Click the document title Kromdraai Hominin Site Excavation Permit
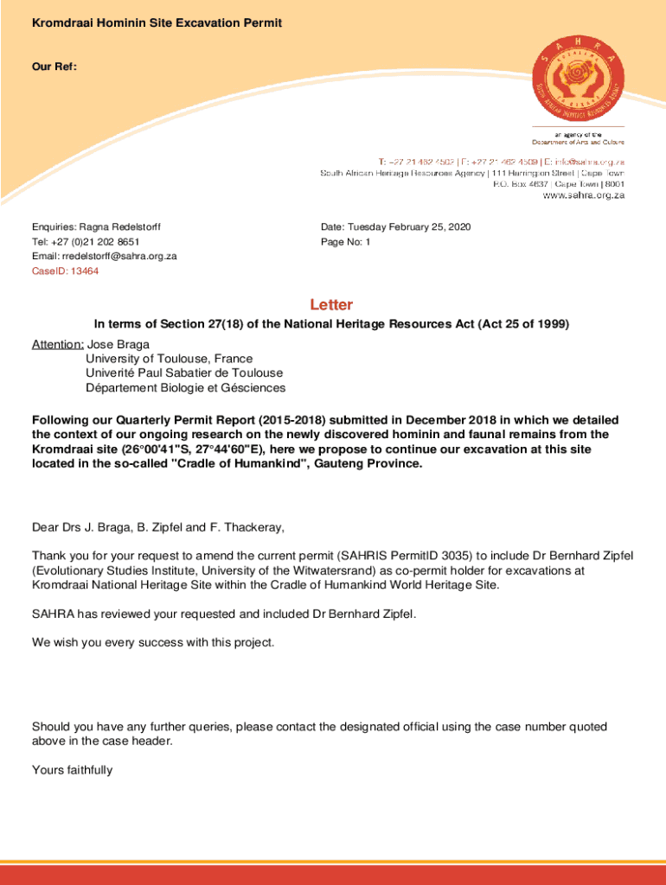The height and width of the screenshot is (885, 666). [157, 22]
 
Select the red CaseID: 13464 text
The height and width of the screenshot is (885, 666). [65, 271]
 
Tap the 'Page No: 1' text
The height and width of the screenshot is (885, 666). [345, 242]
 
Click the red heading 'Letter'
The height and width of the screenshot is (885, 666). [332, 305]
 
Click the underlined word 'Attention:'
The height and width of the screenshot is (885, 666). [58, 344]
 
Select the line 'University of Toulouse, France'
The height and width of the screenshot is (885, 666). [169, 359]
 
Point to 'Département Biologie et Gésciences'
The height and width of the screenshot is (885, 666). [185, 388]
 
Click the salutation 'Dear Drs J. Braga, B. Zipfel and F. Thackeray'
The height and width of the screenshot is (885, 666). [157, 527]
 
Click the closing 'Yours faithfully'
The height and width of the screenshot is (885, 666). [72, 770]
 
